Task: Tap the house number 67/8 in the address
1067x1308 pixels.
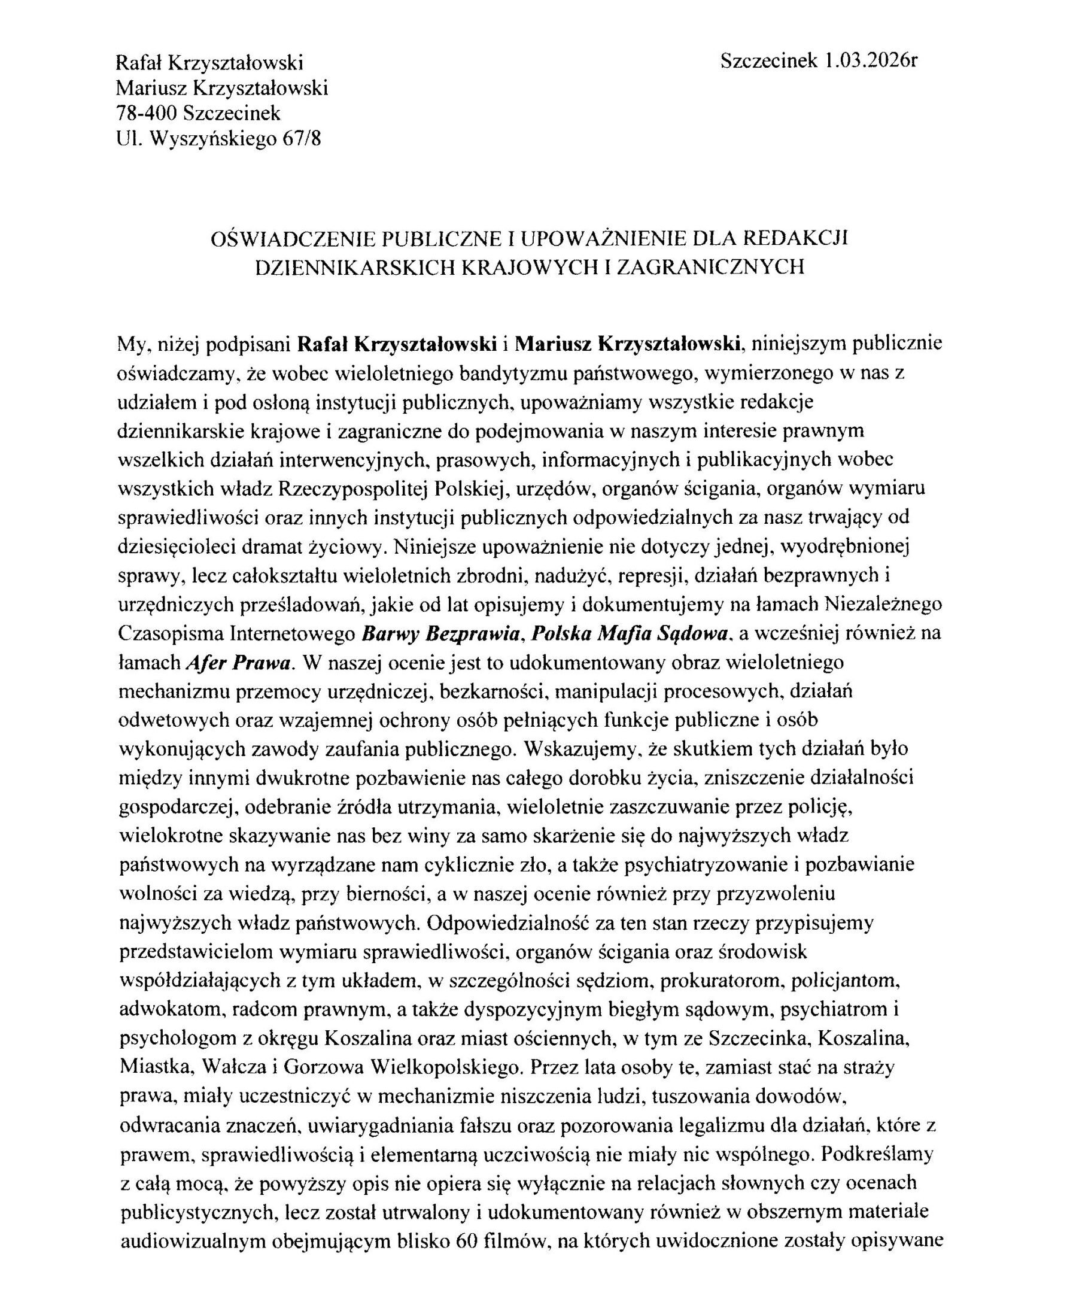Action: click(301, 139)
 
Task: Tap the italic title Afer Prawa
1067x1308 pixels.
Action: click(237, 663)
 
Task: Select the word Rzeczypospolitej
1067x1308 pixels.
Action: click(354, 489)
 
